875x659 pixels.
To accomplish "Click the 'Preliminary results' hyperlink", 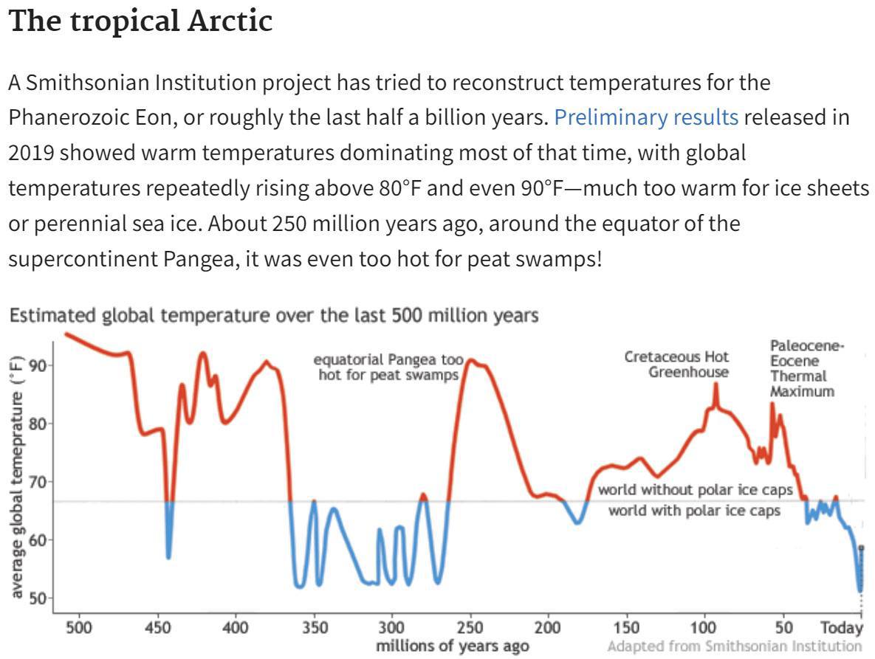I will click(x=646, y=117).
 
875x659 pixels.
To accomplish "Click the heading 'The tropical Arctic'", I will click(x=140, y=22).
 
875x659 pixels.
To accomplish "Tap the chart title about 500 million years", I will click(x=273, y=316).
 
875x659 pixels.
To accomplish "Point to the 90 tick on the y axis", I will click(x=38, y=366).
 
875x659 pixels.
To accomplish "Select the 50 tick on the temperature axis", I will click(x=38, y=597).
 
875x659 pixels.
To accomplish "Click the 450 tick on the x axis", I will click(x=157, y=628).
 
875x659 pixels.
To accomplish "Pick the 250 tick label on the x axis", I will click(x=470, y=628).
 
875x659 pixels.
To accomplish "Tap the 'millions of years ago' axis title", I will click(x=452, y=646).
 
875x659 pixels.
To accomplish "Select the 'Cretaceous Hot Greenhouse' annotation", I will click(x=677, y=365).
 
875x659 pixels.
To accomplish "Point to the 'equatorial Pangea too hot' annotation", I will click(x=388, y=367).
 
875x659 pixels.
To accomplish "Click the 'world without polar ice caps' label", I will click(x=695, y=489).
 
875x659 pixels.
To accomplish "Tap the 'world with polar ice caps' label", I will click(x=694, y=510).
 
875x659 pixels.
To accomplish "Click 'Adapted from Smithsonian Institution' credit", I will click(x=734, y=646).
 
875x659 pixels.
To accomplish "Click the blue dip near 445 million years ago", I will click(x=169, y=550).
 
